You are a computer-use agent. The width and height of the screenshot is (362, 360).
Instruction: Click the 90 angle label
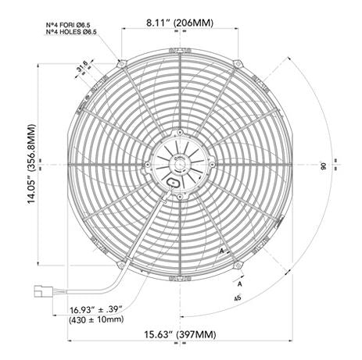coord(322,166)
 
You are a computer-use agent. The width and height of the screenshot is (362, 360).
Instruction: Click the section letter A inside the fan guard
coord(222,251)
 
